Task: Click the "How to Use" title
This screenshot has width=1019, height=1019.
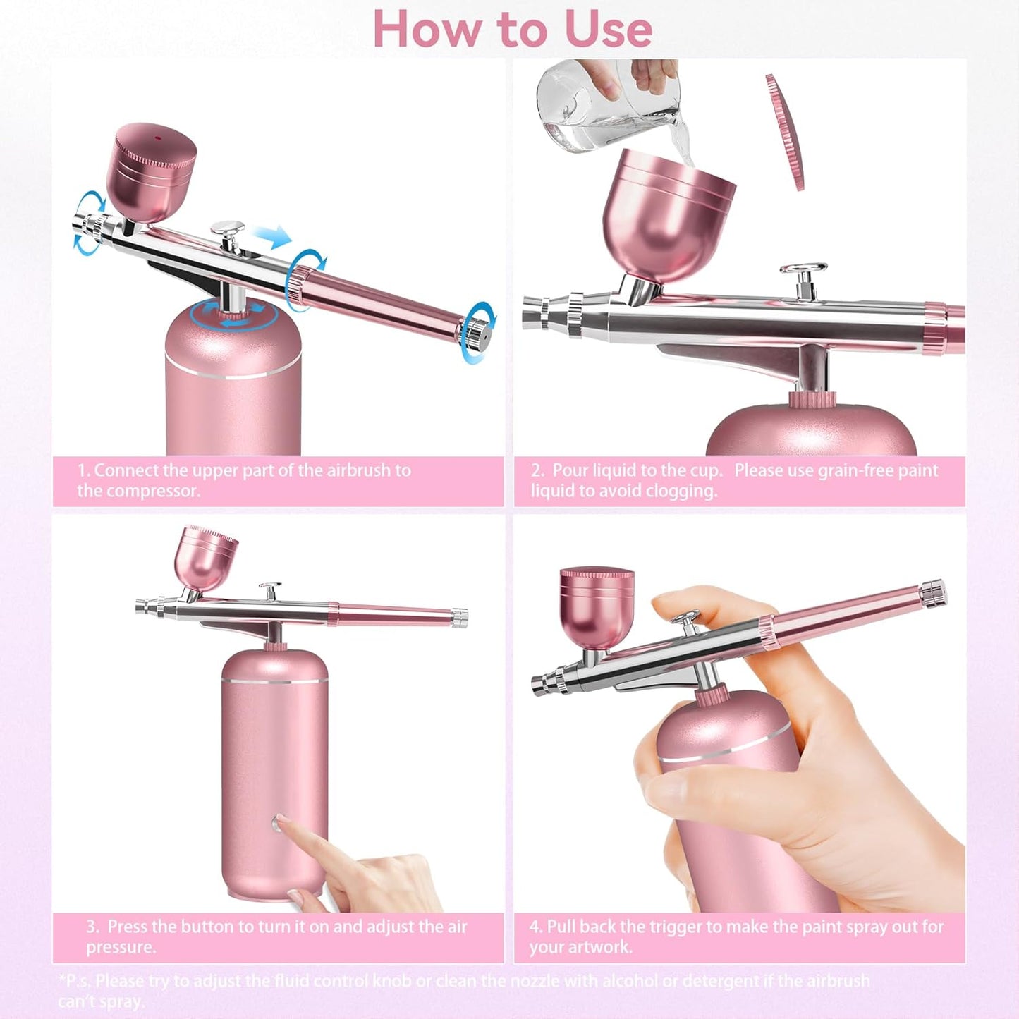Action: tap(512, 30)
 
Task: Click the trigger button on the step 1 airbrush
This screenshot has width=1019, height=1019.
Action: tap(229, 230)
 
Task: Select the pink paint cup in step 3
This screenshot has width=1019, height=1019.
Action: tap(205, 556)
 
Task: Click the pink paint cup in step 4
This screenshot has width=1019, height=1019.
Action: tap(596, 606)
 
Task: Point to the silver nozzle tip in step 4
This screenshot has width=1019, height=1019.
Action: tap(541, 683)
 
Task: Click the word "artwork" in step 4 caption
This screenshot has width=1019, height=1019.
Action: tap(599, 947)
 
